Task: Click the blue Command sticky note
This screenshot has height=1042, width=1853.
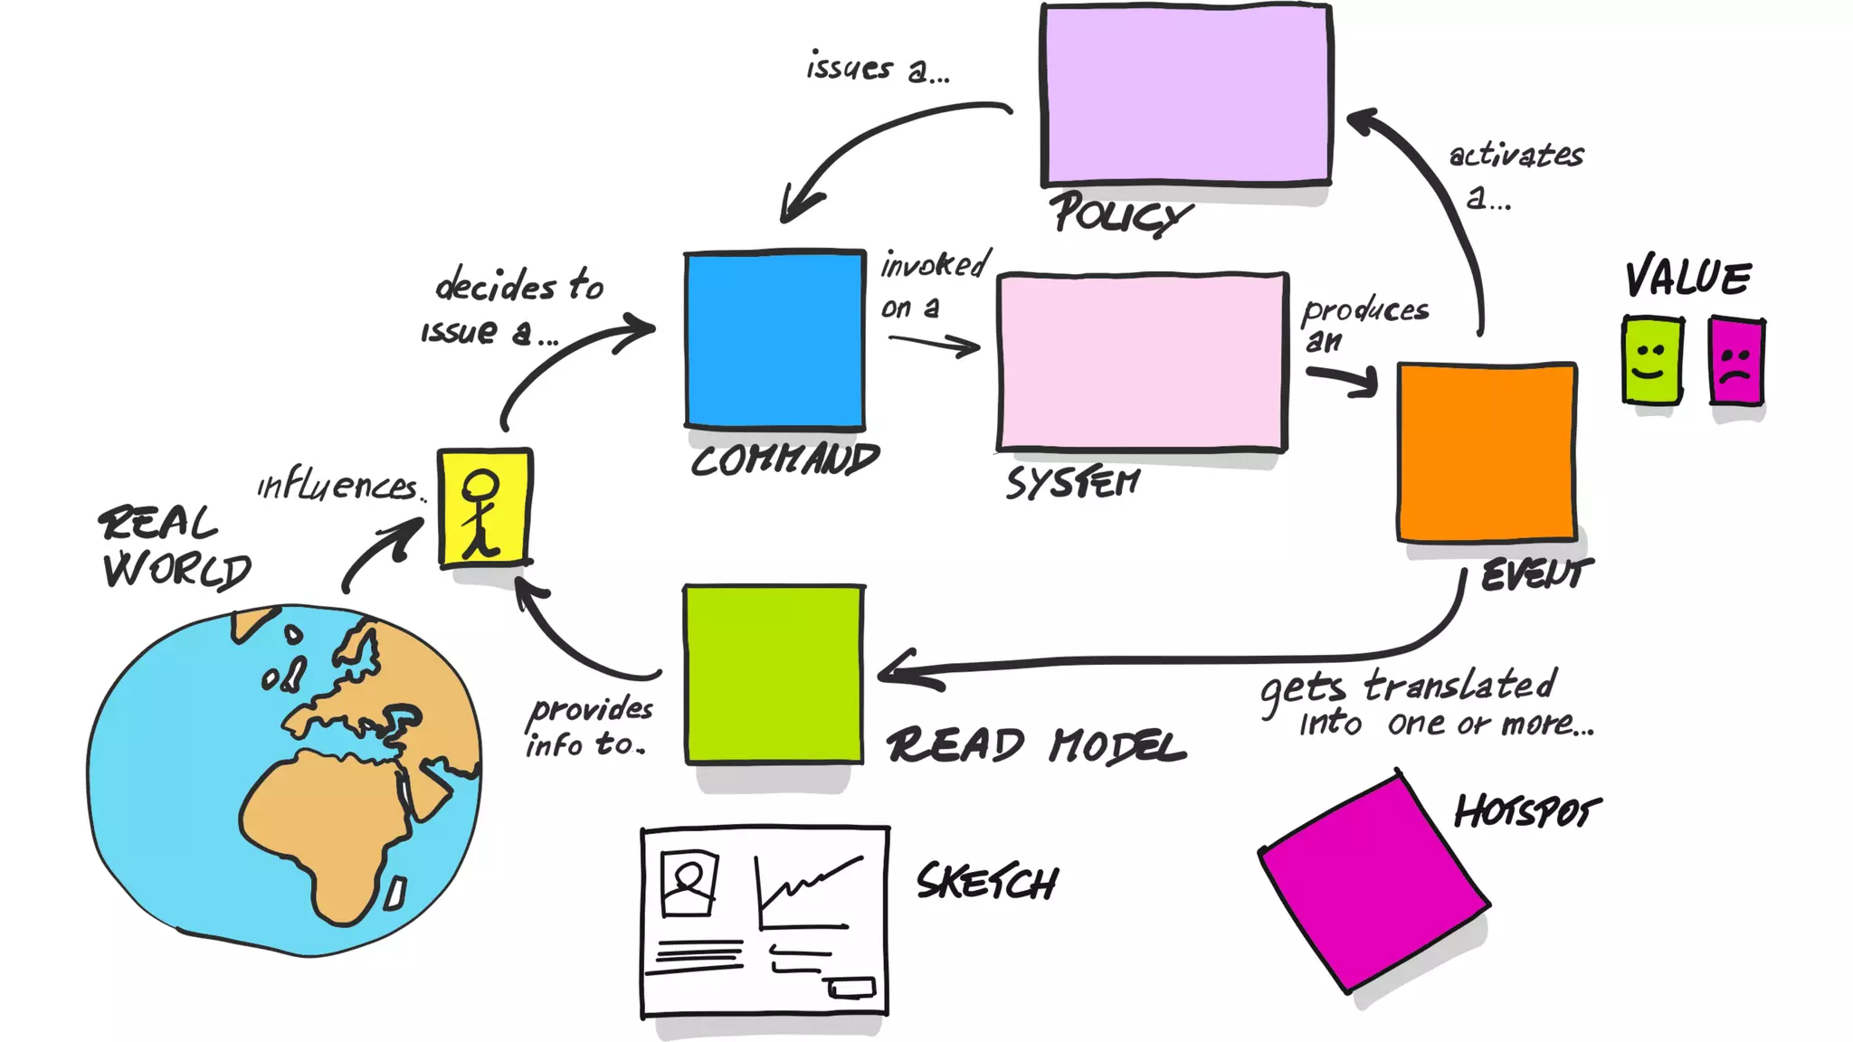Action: tap(774, 339)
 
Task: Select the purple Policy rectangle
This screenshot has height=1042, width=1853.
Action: tap(1186, 95)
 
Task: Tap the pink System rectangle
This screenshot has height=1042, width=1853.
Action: tap(1143, 361)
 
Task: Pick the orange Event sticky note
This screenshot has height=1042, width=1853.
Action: tap(1487, 452)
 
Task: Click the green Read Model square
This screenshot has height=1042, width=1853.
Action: tap(774, 675)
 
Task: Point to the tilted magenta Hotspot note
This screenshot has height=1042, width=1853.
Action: tap(1373, 883)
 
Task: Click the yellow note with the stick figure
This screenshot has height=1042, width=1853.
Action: tap(484, 507)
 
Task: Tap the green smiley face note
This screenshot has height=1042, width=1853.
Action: tap(1652, 359)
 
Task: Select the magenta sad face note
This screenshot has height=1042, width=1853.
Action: tap(1736, 362)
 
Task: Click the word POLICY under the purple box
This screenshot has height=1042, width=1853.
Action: tap(1120, 214)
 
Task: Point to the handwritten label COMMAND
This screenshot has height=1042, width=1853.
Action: tap(784, 460)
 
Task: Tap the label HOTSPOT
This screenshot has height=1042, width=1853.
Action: tap(1526, 811)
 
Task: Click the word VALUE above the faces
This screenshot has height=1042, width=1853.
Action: tap(1687, 278)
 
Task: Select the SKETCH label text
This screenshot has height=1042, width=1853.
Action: tap(986, 882)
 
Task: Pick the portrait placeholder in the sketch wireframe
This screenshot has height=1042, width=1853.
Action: tap(689, 883)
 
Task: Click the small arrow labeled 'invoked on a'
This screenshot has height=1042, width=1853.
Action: tap(935, 344)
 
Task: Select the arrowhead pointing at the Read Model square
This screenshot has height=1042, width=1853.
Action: tap(896, 671)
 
